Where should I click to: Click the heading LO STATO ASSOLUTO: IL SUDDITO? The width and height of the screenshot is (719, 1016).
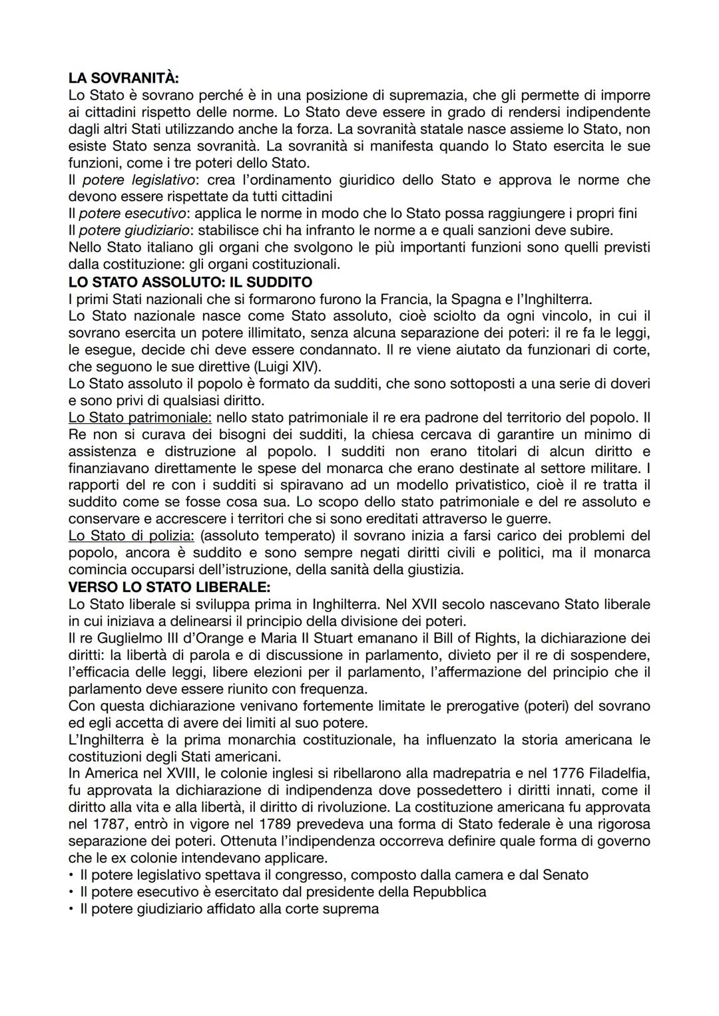(190, 281)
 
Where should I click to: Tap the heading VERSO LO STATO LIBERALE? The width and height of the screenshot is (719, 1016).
(168, 587)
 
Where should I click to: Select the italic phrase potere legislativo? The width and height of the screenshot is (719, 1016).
(138, 180)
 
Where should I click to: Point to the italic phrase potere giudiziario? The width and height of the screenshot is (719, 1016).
(138, 230)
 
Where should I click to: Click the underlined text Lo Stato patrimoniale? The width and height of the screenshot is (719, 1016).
(140, 418)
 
